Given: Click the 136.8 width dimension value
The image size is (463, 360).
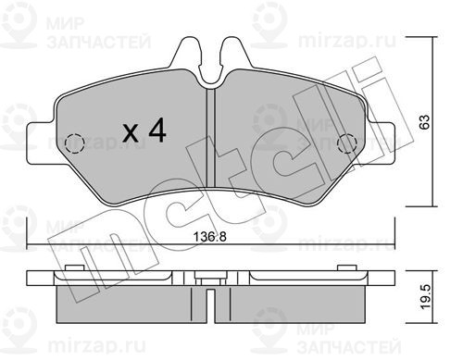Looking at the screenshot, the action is tap(209, 237).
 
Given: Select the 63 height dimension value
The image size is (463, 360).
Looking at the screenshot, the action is tap(425, 122).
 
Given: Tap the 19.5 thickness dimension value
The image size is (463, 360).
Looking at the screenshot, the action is tap(425, 297).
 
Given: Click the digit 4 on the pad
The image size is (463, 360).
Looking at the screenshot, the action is tap(157, 131).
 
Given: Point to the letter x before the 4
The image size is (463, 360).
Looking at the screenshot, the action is tap(131, 134).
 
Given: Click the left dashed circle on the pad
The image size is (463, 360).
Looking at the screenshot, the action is tap(75, 144).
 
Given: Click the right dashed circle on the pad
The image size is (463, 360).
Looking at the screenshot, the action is tap(347, 144).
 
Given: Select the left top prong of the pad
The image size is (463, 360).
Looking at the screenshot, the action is tap(188, 54).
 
